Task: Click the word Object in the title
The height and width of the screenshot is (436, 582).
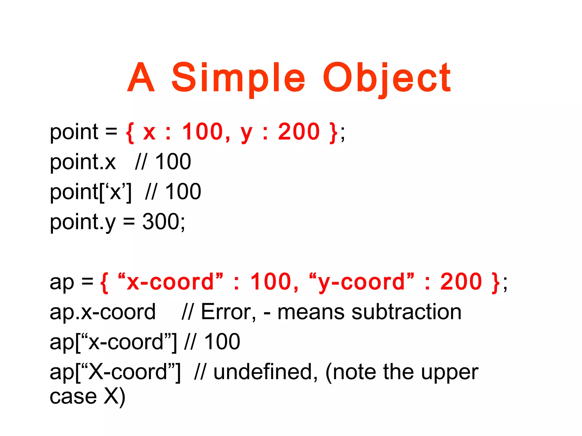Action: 386,78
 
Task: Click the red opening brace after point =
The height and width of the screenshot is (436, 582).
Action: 130,132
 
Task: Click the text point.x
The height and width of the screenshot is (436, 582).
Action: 83,162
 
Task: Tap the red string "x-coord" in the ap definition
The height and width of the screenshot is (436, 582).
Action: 170,282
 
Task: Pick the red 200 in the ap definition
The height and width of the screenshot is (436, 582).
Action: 461,282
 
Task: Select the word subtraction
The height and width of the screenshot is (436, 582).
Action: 406,312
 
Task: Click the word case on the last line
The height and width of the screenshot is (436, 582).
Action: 73,397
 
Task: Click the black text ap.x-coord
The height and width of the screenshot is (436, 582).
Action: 103,312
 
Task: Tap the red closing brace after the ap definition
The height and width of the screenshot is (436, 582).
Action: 495,282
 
